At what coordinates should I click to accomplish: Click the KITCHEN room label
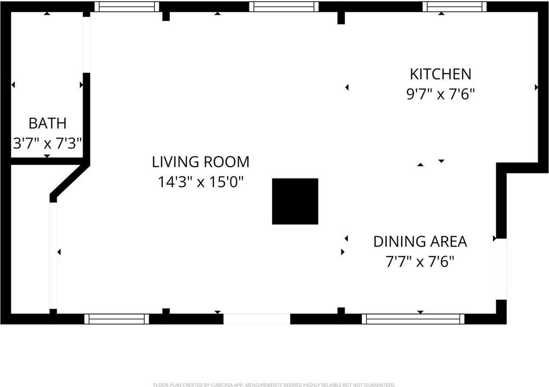point(440,74)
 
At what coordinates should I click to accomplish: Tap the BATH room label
point(48,123)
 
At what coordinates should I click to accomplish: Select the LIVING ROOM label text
point(200,162)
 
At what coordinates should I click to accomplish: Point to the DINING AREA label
point(420,242)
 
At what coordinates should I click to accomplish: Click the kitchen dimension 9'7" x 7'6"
point(440,94)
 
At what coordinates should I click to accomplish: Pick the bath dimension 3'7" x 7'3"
point(47,143)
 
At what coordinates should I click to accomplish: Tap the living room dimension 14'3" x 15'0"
point(200,182)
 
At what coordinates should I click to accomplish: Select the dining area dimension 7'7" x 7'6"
point(420,261)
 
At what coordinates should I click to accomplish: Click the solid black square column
point(295,201)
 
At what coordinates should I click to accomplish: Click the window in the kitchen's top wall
point(454,6)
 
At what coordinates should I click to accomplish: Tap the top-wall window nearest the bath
point(127,6)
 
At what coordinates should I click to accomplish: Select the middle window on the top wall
point(284,6)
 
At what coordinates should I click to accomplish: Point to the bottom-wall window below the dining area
point(413,319)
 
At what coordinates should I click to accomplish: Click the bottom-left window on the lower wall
point(117,319)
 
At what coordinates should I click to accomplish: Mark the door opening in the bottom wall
point(257,319)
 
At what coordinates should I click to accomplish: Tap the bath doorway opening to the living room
point(87,45)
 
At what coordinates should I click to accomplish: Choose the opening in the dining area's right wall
point(501,269)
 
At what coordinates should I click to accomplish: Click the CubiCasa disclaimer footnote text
point(274,385)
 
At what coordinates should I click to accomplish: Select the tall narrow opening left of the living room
point(53,256)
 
